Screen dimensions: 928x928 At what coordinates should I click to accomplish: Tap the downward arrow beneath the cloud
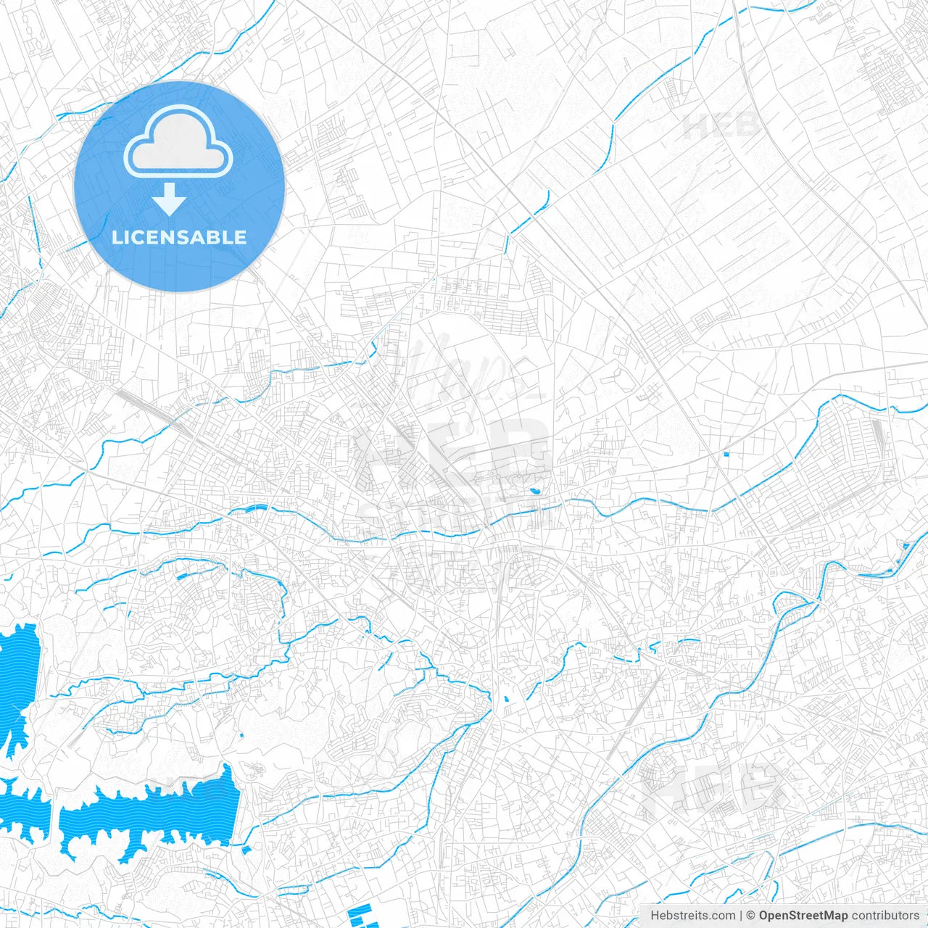(170, 199)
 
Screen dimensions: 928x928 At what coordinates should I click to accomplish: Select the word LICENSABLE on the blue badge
(179, 237)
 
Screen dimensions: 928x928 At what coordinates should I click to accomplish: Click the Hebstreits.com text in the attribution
(692, 916)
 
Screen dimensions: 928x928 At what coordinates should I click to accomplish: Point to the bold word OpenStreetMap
(803, 916)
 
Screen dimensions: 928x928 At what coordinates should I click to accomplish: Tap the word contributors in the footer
(885, 916)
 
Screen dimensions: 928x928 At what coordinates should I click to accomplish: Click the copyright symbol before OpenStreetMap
(751, 916)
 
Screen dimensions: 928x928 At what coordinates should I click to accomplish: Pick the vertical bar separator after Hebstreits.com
(741, 916)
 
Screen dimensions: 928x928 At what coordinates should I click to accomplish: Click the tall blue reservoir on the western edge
(17, 681)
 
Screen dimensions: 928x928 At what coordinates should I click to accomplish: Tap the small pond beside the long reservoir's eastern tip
(246, 848)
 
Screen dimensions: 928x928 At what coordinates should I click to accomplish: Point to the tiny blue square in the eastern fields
(726, 455)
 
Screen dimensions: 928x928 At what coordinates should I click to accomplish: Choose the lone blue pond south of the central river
(505, 700)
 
